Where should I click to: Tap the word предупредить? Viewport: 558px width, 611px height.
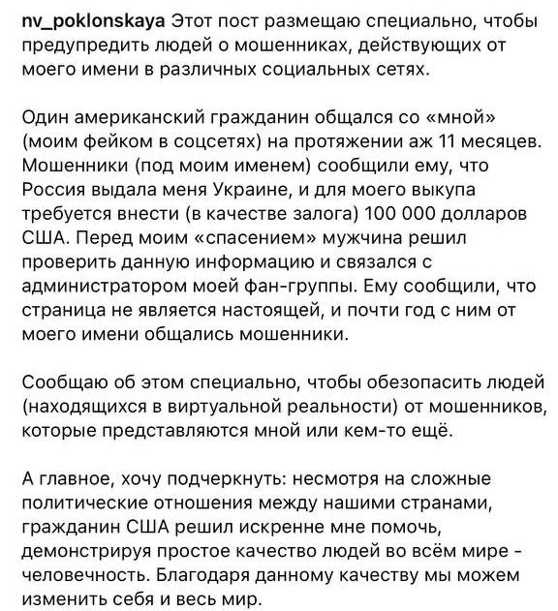81,46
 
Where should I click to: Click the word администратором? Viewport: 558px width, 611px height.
93,297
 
